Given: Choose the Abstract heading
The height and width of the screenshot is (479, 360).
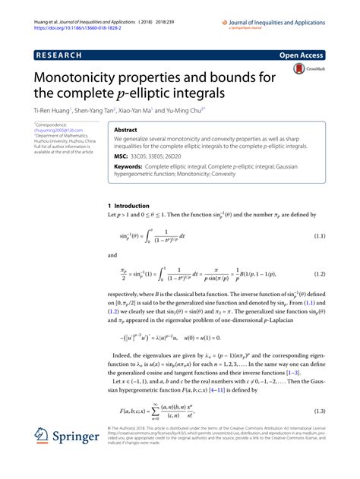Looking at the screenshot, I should point(126,130).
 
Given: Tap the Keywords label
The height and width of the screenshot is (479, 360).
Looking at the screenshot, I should point(130,166).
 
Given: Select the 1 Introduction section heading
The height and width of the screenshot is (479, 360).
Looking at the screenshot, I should point(131,206).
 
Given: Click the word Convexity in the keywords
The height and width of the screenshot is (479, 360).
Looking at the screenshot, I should point(279,173).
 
